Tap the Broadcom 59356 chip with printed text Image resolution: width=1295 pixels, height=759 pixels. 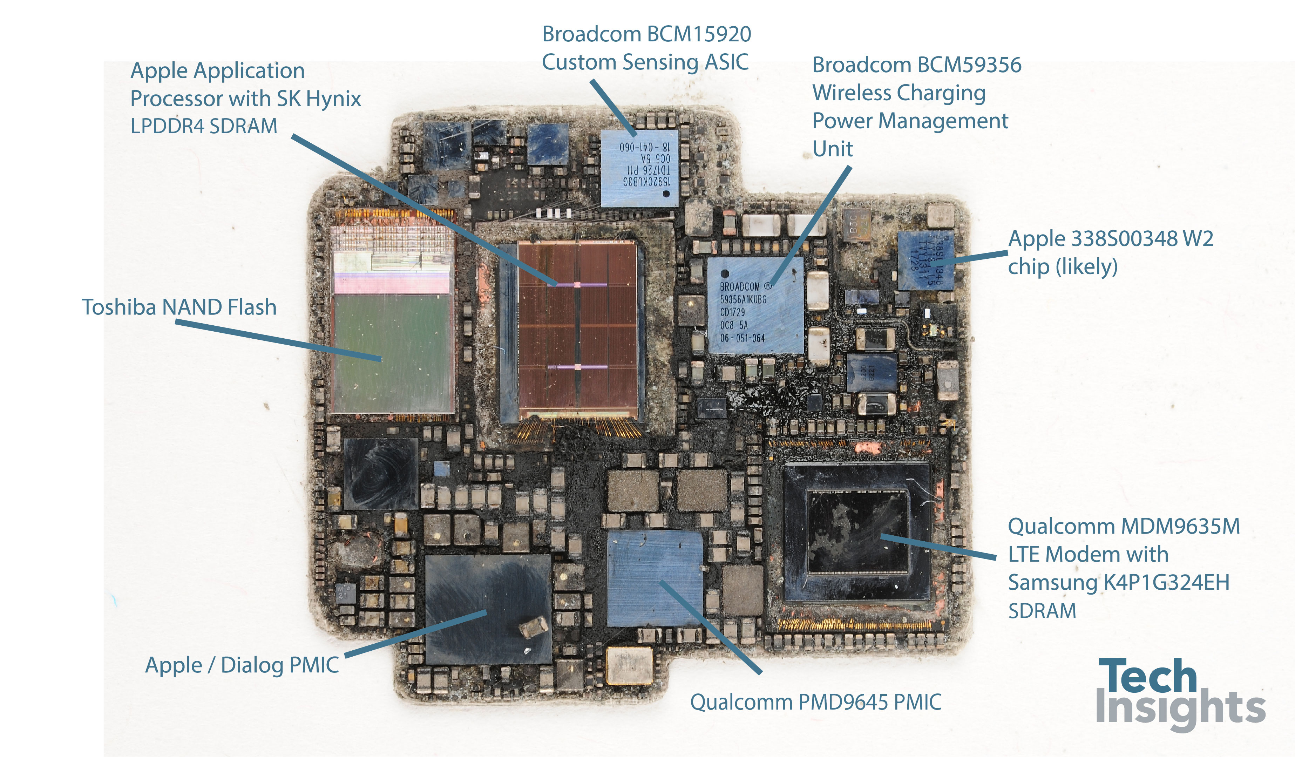tap(755, 306)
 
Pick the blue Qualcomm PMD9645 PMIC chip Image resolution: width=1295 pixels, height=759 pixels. tap(655, 578)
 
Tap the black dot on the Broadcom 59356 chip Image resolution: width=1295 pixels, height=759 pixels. tap(725, 273)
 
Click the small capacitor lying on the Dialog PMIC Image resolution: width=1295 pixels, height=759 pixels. tap(533, 628)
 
